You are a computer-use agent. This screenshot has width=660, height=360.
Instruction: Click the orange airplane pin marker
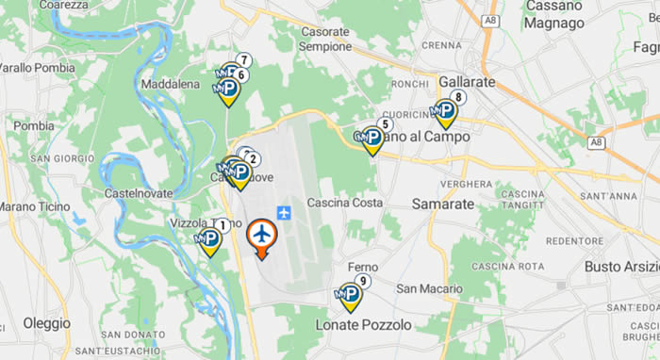(x=262, y=236)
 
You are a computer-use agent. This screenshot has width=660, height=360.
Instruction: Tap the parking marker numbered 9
(x=351, y=296)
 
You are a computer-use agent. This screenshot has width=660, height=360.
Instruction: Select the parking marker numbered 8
(x=445, y=112)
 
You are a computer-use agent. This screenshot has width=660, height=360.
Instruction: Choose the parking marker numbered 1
(x=209, y=241)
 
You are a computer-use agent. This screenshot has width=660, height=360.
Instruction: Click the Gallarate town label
(x=467, y=82)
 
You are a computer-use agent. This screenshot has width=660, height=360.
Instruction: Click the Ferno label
(x=363, y=268)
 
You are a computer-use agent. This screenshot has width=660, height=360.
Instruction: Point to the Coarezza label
(x=64, y=5)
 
